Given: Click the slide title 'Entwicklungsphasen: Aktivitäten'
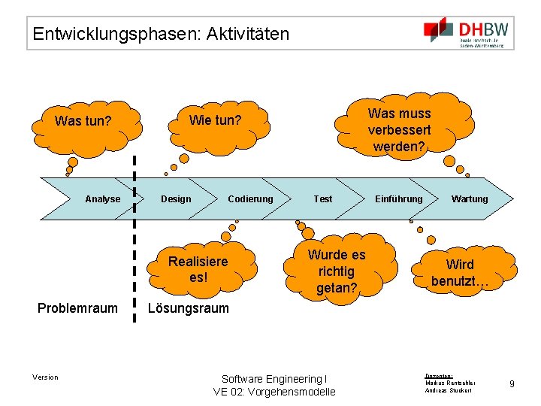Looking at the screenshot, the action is (161, 34).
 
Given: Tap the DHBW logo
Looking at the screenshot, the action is (467, 33).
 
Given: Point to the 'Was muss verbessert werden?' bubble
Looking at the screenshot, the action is (399, 129).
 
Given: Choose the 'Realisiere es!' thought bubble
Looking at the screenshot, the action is (198, 269).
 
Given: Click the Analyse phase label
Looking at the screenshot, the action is (102, 199).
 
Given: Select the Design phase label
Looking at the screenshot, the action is (176, 199).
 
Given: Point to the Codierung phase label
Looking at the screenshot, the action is (250, 199).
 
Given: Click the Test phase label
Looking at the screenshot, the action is (322, 199).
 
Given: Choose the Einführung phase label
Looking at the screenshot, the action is (398, 199).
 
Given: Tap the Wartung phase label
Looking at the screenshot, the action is (469, 199).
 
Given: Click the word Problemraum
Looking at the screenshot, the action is (78, 308).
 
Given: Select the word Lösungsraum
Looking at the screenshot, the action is (188, 308).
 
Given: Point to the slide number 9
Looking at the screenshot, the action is (512, 384).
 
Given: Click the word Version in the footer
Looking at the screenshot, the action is (45, 377).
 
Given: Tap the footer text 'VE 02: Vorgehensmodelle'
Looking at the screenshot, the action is (274, 392).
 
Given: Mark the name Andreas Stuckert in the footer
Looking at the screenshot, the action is (449, 391).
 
